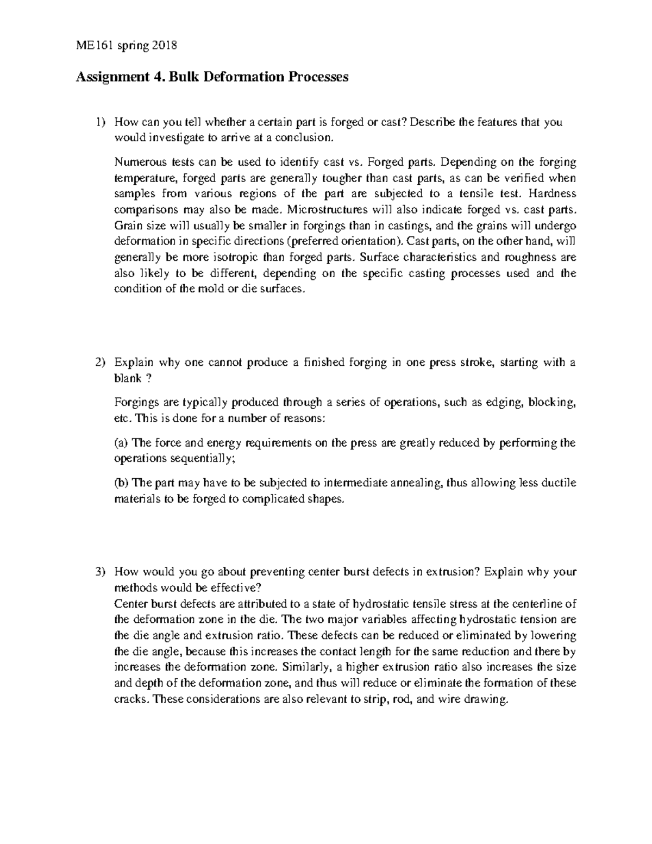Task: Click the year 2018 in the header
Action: [165, 46]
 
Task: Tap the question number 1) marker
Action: [99, 122]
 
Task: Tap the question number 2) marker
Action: [99, 362]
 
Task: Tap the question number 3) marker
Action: [99, 572]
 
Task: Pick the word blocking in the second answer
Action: [550, 403]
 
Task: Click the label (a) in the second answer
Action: [121, 443]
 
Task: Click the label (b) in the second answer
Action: [122, 483]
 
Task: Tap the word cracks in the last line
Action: [130, 699]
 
